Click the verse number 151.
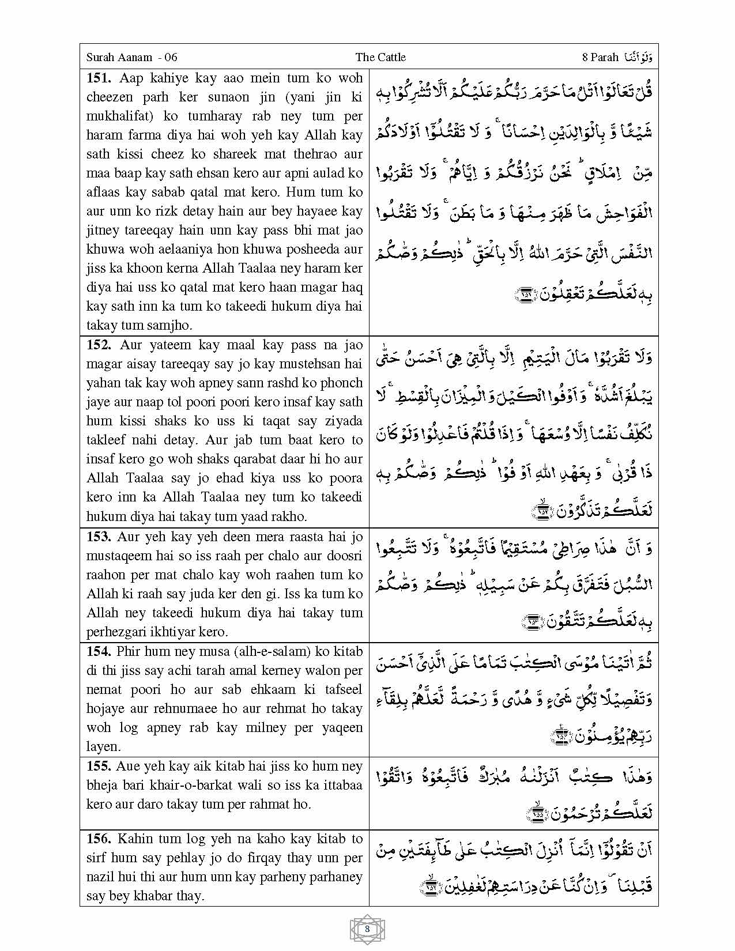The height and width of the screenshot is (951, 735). pyautogui.click(x=99, y=78)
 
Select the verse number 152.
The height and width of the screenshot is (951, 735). pyautogui.click(x=99, y=345)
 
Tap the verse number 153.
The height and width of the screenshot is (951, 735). pyautogui.click(x=99, y=537)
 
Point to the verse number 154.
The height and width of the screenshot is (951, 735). pyautogui.click(x=99, y=652)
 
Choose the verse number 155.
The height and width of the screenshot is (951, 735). pyautogui.click(x=99, y=767)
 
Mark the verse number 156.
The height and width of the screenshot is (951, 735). pyautogui.click(x=99, y=839)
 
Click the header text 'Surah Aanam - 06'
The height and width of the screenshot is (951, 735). pyautogui.click(x=131, y=57)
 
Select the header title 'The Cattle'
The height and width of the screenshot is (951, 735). pyautogui.click(x=380, y=57)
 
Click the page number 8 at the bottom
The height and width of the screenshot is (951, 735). pyautogui.click(x=367, y=929)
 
